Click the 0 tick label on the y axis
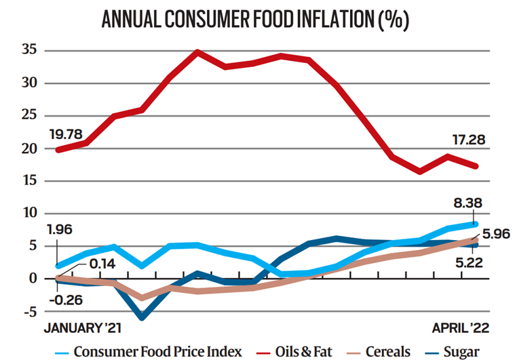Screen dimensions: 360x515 pyautogui.click(x=31, y=279)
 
